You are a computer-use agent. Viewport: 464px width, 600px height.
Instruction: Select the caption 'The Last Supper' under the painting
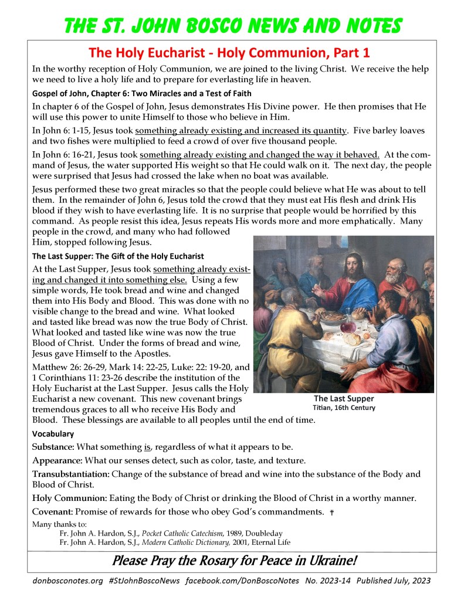pos(344,398)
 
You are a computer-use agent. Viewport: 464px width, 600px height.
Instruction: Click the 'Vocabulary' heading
pos(53,434)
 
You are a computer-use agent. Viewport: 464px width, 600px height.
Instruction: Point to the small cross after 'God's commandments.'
pos(331,513)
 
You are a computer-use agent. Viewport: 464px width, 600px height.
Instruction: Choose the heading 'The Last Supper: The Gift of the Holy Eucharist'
pos(118,256)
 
